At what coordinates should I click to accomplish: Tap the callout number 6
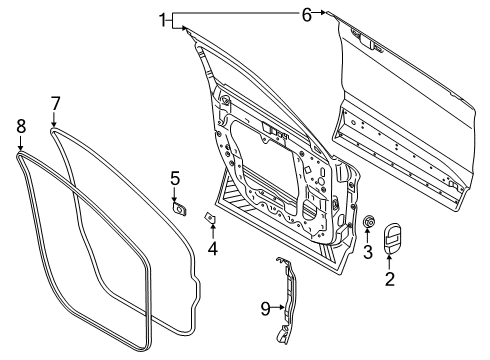[307, 13]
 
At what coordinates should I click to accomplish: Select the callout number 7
[56, 102]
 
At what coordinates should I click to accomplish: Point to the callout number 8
[20, 126]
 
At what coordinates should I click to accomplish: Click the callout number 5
[174, 178]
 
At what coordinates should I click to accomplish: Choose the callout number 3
[366, 249]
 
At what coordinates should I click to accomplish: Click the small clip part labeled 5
[181, 209]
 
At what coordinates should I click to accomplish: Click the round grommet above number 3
[367, 220]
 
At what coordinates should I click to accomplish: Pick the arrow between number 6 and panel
[321, 13]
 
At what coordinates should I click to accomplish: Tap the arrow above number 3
[367, 234]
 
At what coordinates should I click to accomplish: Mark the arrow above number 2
[391, 262]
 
